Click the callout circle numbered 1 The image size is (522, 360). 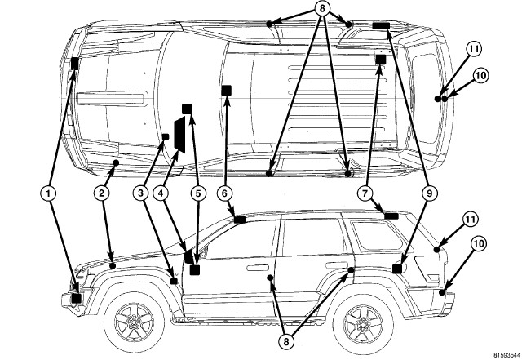(x=49, y=193)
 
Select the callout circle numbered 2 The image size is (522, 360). (x=100, y=193)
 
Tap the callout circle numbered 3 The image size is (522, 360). (x=142, y=193)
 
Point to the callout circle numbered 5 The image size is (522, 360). (x=197, y=193)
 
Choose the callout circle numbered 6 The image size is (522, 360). (x=227, y=193)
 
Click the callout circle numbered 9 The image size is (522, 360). (x=427, y=193)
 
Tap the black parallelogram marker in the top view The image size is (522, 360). (x=179, y=135)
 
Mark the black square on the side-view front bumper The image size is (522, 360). (x=77, y=298)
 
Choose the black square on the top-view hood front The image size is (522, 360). (x=75, y=64)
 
